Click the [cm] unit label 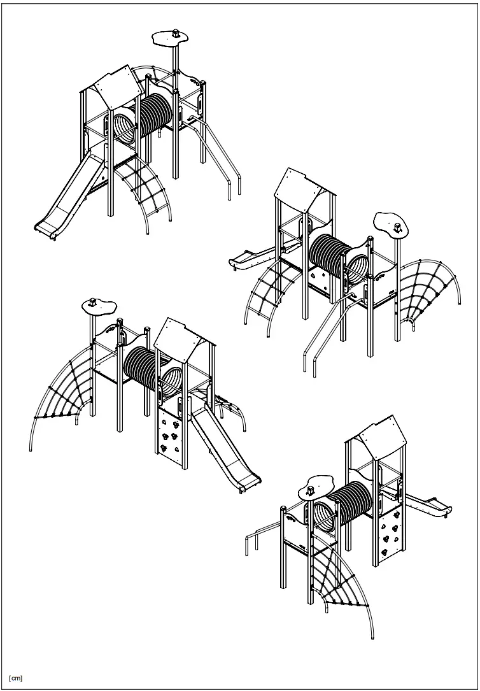[16, 677]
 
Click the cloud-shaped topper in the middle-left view [99, 308]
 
